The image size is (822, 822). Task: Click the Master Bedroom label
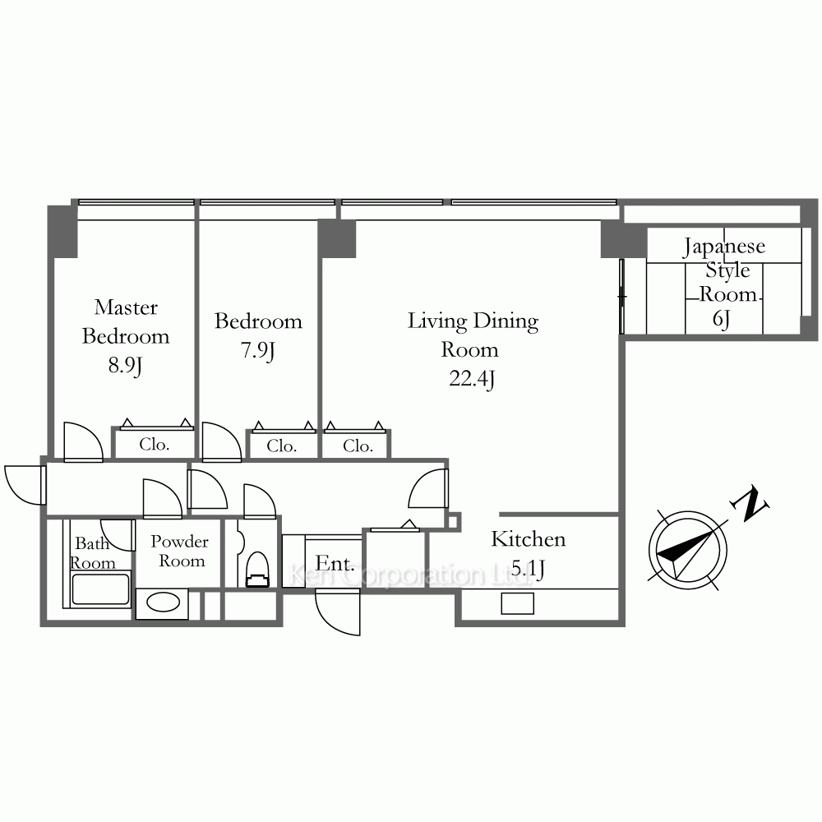click(126, 321)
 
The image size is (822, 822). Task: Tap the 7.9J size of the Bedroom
click(257, 351)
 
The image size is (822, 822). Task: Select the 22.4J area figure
click(472, 378)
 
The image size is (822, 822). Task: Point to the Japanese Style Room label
click(724, 270)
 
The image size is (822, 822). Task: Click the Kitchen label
click(529, 539)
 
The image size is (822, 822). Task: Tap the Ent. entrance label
click(335, 564)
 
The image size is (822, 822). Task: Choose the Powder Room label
click(180, 551)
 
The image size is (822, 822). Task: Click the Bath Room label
click(93, 553)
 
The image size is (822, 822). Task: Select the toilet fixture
click(256, 570)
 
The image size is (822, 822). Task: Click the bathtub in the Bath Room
click(100, 589)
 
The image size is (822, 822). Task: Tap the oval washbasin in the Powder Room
click(164, 603)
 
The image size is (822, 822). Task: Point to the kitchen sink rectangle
click(517, 603)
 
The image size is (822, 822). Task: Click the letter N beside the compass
click(750, 504)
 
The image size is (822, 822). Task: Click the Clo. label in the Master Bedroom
click(155, 445)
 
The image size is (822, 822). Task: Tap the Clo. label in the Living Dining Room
click(358, 446)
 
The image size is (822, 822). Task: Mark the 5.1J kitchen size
click(528, 568)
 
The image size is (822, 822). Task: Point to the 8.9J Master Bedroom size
click(125, 366)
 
